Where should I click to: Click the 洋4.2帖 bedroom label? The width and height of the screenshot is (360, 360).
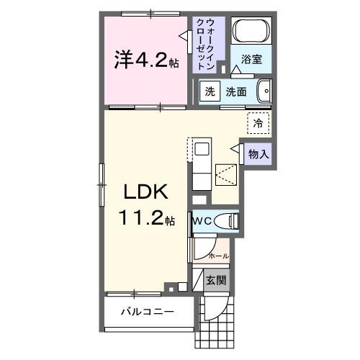(x=144, y=60)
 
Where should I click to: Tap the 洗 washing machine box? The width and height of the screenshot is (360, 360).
(x=209, y=91)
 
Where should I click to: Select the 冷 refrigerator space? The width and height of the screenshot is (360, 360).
(x=257, y=123)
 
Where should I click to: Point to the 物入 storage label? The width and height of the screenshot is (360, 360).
(x=258, y=153)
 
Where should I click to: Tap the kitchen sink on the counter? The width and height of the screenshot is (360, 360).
(x=202, y=149)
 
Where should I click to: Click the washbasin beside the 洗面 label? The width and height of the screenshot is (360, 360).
(x=264, y=91)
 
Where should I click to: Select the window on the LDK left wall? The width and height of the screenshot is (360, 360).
(x=102, y=177)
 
